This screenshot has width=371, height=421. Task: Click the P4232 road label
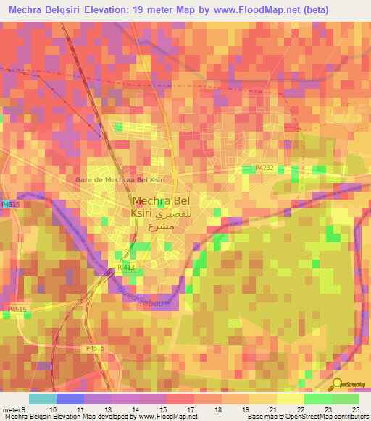264,168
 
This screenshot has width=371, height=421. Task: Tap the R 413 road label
126,268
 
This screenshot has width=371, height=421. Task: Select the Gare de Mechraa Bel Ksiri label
120,179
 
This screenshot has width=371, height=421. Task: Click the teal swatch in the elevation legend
43,399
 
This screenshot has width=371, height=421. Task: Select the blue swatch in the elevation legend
70,399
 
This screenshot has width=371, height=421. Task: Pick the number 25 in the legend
355,409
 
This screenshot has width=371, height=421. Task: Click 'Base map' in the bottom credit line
259,417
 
